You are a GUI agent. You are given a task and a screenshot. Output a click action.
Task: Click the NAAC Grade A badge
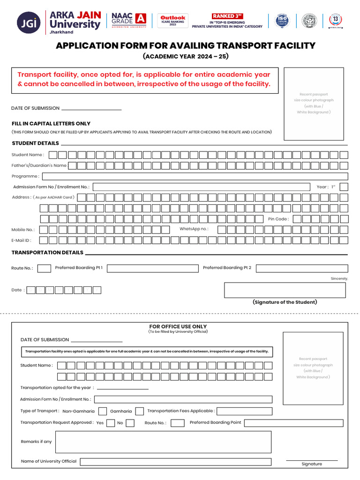[129, 21]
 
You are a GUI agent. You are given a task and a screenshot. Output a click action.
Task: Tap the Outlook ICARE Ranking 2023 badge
[172, 21]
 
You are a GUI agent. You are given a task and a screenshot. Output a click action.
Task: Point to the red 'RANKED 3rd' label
[227, 16]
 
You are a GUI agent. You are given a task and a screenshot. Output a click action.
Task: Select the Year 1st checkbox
[344, 187]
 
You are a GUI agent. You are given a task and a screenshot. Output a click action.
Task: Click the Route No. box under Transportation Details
[44, 268]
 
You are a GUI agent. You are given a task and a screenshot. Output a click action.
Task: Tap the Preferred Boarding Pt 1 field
[153, 268]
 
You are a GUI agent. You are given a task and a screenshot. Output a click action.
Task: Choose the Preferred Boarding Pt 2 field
[302, 268]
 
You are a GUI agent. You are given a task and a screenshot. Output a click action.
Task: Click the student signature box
[285, 290]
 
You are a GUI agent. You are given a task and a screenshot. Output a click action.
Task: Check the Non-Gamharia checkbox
[103, 411]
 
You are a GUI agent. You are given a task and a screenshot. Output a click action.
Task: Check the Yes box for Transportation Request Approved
[111, 423]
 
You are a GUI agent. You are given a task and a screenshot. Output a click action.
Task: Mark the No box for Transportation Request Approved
[130, 423]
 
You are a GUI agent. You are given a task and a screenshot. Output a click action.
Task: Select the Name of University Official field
[175, 462]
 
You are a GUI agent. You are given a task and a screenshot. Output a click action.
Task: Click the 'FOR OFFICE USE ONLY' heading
[178, 326]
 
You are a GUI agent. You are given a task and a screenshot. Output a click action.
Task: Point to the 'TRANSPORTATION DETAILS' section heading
[47, 253]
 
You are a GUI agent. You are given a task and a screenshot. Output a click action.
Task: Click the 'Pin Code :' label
[278, 219]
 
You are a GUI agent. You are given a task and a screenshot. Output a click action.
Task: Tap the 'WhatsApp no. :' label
[194, 229]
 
